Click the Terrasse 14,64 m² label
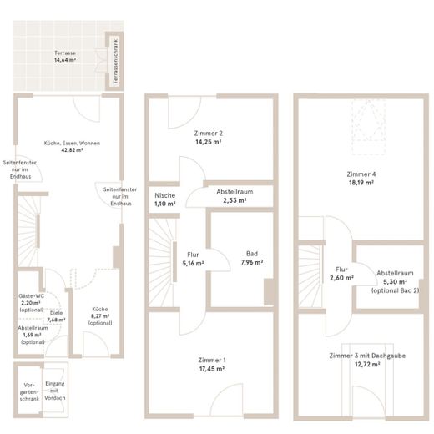(x=65, y=56)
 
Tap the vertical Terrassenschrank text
(x=116, y=61)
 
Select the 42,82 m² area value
(x=72, y=150)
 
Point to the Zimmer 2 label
(x=209, y=134)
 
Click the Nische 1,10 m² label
(x=165, y=199)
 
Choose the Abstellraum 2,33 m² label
(x=235, y=196)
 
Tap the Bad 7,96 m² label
(x=252, y=258)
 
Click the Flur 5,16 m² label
(x=193, y=259)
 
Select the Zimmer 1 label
(x=212, y=360)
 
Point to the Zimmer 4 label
(x=361, y=174)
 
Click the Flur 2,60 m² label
(x=341, y=274)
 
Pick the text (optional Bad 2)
(x=395, y=290)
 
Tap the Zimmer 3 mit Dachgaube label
(x=367, y=356)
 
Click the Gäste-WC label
(x=31, y=296)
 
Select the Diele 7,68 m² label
(x=56, y=316)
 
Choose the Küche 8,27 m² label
(x=100, y=316)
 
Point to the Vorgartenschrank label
(x=29, y=392)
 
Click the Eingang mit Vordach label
(x=55, y=391)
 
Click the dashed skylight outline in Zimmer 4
(x=369, y=127)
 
